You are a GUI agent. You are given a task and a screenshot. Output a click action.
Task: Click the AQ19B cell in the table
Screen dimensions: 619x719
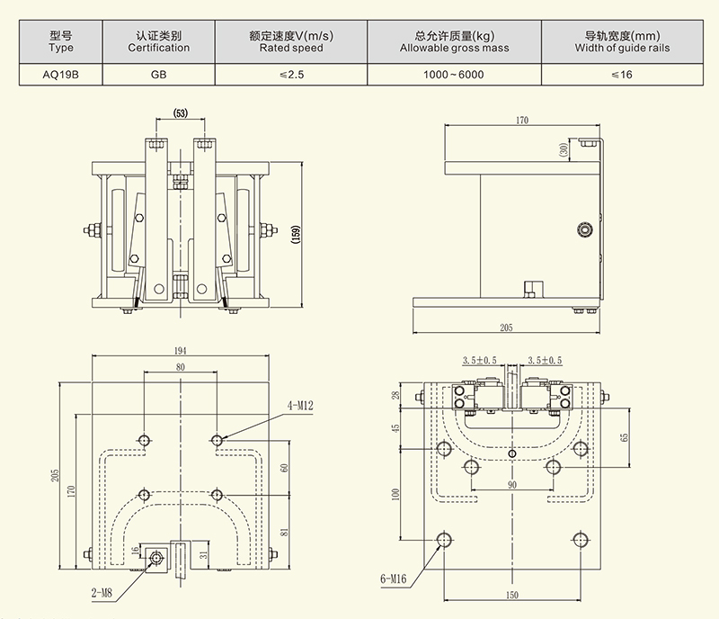(61, 74)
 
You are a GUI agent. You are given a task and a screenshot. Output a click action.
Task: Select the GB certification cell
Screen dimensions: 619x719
(157, 74)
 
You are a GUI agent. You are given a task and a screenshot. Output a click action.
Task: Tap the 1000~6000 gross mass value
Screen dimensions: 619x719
(454, 74)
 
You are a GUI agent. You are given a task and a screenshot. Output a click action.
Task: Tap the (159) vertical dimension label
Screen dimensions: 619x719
(296, 236)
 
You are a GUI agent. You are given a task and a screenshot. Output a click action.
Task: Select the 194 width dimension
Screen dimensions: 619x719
(181, 349)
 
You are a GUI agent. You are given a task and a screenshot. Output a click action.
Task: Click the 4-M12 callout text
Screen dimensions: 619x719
(300, 406)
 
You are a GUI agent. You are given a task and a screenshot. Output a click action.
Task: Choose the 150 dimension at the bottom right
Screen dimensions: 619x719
(510, 595)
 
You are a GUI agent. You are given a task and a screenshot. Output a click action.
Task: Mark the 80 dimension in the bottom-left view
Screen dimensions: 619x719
(181, 367)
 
